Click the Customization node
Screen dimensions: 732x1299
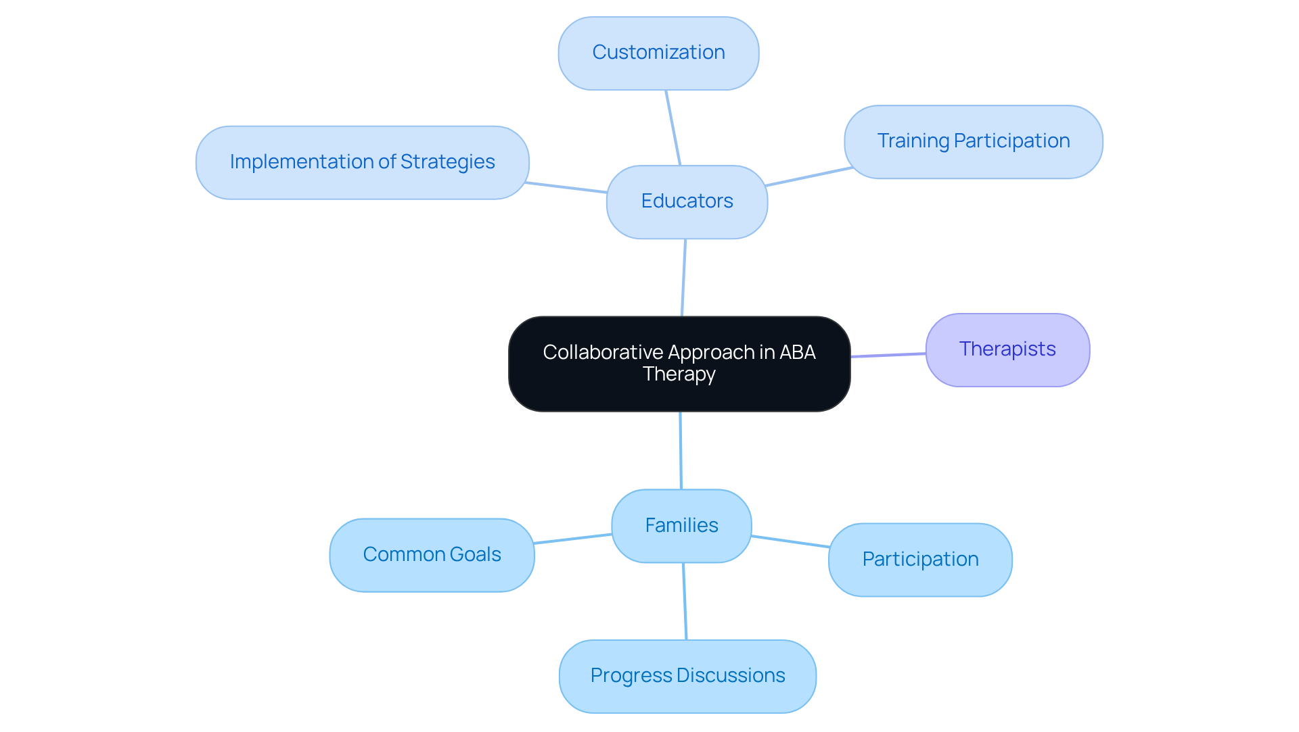[x=658, y=53]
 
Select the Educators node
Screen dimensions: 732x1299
[x=687, y=201]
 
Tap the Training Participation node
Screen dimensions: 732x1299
[x=973, y=141]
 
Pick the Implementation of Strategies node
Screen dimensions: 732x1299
[x=362, y=162]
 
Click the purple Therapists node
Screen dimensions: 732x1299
[x=1007, y=349]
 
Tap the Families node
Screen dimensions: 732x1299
[x=681, y=525]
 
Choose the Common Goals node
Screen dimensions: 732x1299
[x=432, y=554]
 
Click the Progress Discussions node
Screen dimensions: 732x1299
[x=687, y=675]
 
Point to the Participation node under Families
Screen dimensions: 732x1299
[x=920, y=559]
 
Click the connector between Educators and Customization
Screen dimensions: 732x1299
[x=673, y=128]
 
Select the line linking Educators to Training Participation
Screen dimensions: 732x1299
[x=808, y=176]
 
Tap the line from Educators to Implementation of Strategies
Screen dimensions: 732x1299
[x=567, y=188]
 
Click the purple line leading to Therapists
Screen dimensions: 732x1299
[x=888, y=355]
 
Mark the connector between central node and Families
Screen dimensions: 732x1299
[x=681, y=450]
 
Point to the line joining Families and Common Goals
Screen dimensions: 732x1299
[x=572, y=539]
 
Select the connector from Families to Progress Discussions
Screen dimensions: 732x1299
[x=685, y=602]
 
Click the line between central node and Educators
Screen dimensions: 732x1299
[x=683, y=277]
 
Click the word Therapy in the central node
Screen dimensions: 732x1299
[x=679, y=374]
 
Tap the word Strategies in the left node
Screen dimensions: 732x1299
[x=447, y=162]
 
